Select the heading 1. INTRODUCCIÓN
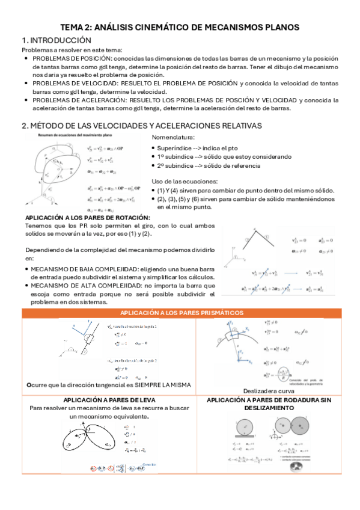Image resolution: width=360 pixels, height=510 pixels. click(52, 40)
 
